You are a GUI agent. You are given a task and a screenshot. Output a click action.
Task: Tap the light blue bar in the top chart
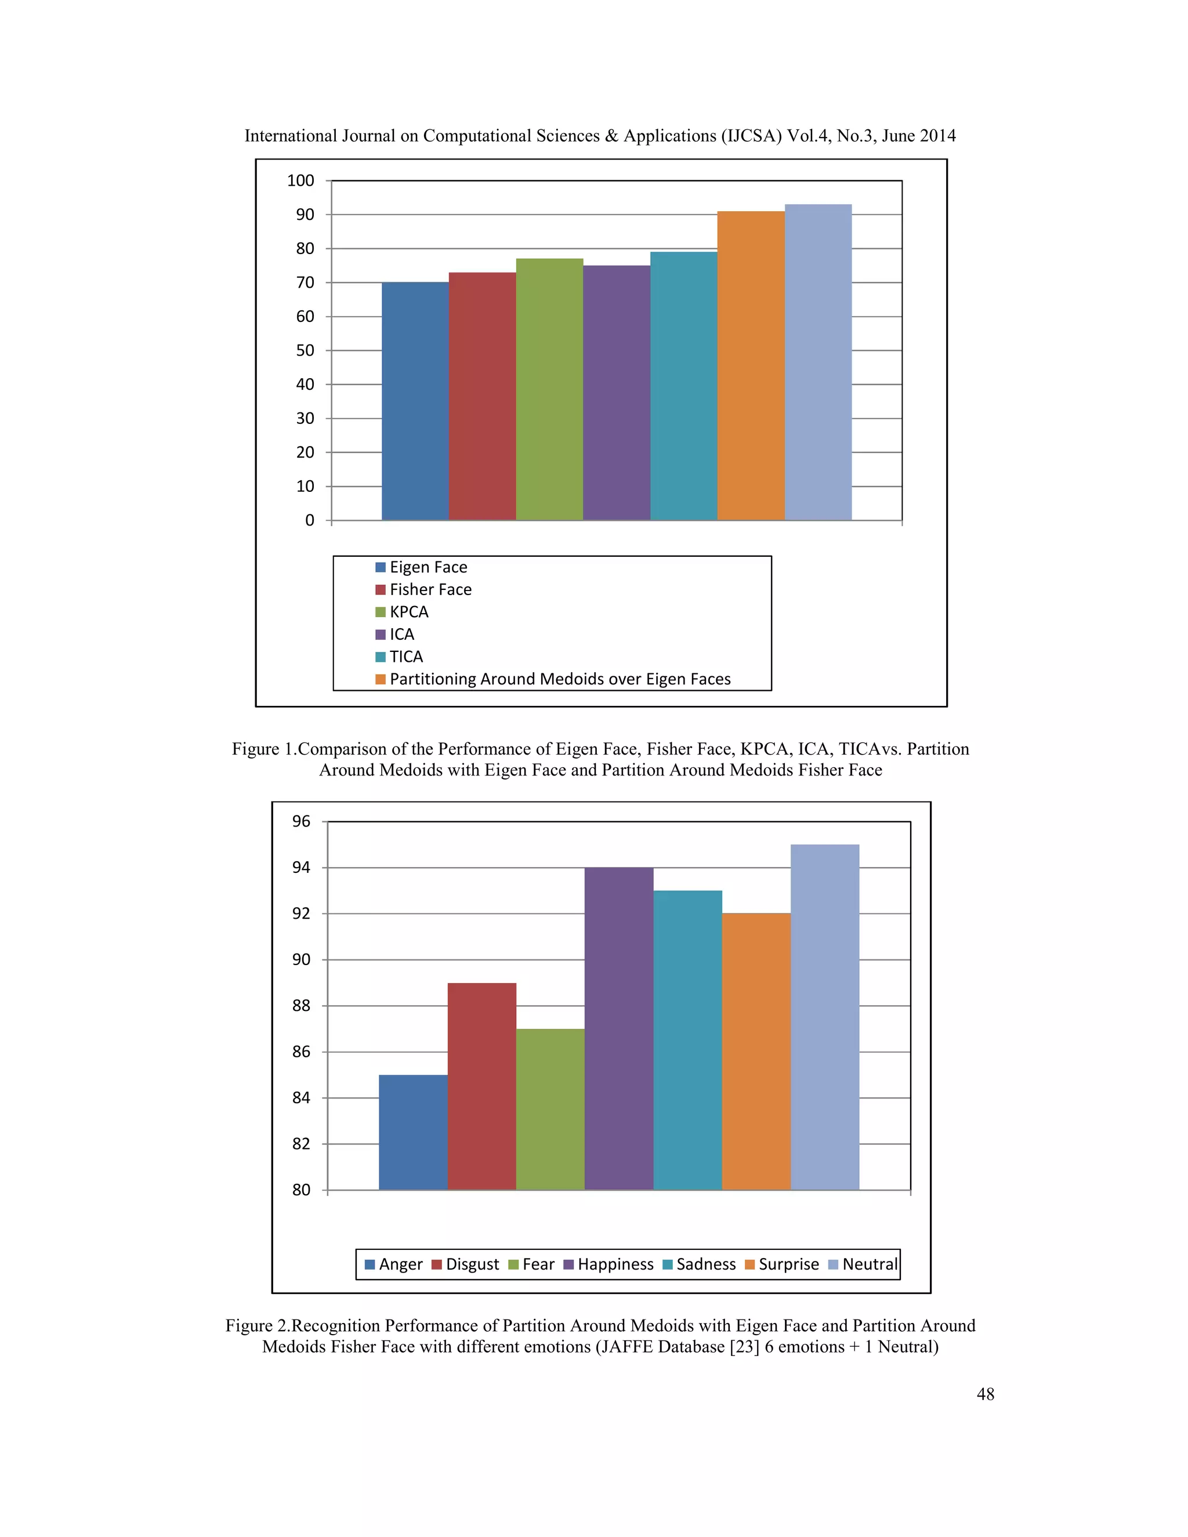pyautogui.click(x=818, y=362)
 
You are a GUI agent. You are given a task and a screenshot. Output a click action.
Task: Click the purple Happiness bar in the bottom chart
pyautogui.click(x=618, y=1028)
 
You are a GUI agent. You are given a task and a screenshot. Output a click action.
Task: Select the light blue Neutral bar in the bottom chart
pyautogui.click(x=824, y=1017)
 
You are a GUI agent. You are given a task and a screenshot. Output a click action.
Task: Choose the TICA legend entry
pyautogui.click(x=406, y=657)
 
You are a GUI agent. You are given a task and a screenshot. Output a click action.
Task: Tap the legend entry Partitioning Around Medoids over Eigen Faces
pyautogui.click(x=560, y=679)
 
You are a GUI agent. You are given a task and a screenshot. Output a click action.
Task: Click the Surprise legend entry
pyautogui.click(x=788, y=1264)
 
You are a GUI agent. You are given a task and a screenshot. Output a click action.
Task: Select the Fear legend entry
pyautogui.click(x=538, y=1264)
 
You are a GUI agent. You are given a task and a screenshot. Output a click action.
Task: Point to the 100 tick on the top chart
pyautogui.click(x=300, y=181)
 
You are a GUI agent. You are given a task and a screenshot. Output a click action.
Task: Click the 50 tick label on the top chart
pyautogui.click(x=305, y=350)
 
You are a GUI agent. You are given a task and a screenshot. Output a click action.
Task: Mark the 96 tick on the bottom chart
pyautogui.click(x=301, y=821)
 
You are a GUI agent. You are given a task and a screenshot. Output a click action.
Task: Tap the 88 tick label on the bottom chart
pyautogui.click(x=301, y=1006)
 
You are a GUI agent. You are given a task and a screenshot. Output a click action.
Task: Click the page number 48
pyautogui.click(x=986, y=1394)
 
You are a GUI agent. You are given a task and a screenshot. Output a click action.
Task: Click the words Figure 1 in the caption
pyautogui.click(x=262, y=749)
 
